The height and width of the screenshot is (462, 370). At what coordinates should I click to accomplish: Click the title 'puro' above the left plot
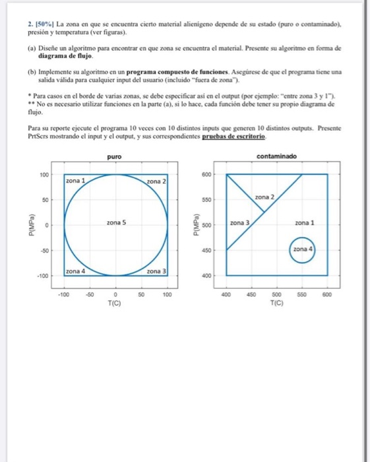coord(115,156)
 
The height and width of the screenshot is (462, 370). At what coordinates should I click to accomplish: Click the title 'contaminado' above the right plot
coord(277,156)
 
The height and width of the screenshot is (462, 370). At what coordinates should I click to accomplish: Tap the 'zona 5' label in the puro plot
coord(115,224)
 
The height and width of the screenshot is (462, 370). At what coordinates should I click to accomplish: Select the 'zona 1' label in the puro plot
coord(78,179)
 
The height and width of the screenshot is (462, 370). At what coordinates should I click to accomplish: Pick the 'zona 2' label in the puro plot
coord(156,181)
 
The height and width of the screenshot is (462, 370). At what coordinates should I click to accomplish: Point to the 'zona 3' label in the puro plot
coord(156,271)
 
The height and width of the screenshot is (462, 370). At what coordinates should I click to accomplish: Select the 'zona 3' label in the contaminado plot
coord(240,224)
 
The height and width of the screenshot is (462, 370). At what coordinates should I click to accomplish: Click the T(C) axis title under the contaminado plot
coord(276,303)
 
